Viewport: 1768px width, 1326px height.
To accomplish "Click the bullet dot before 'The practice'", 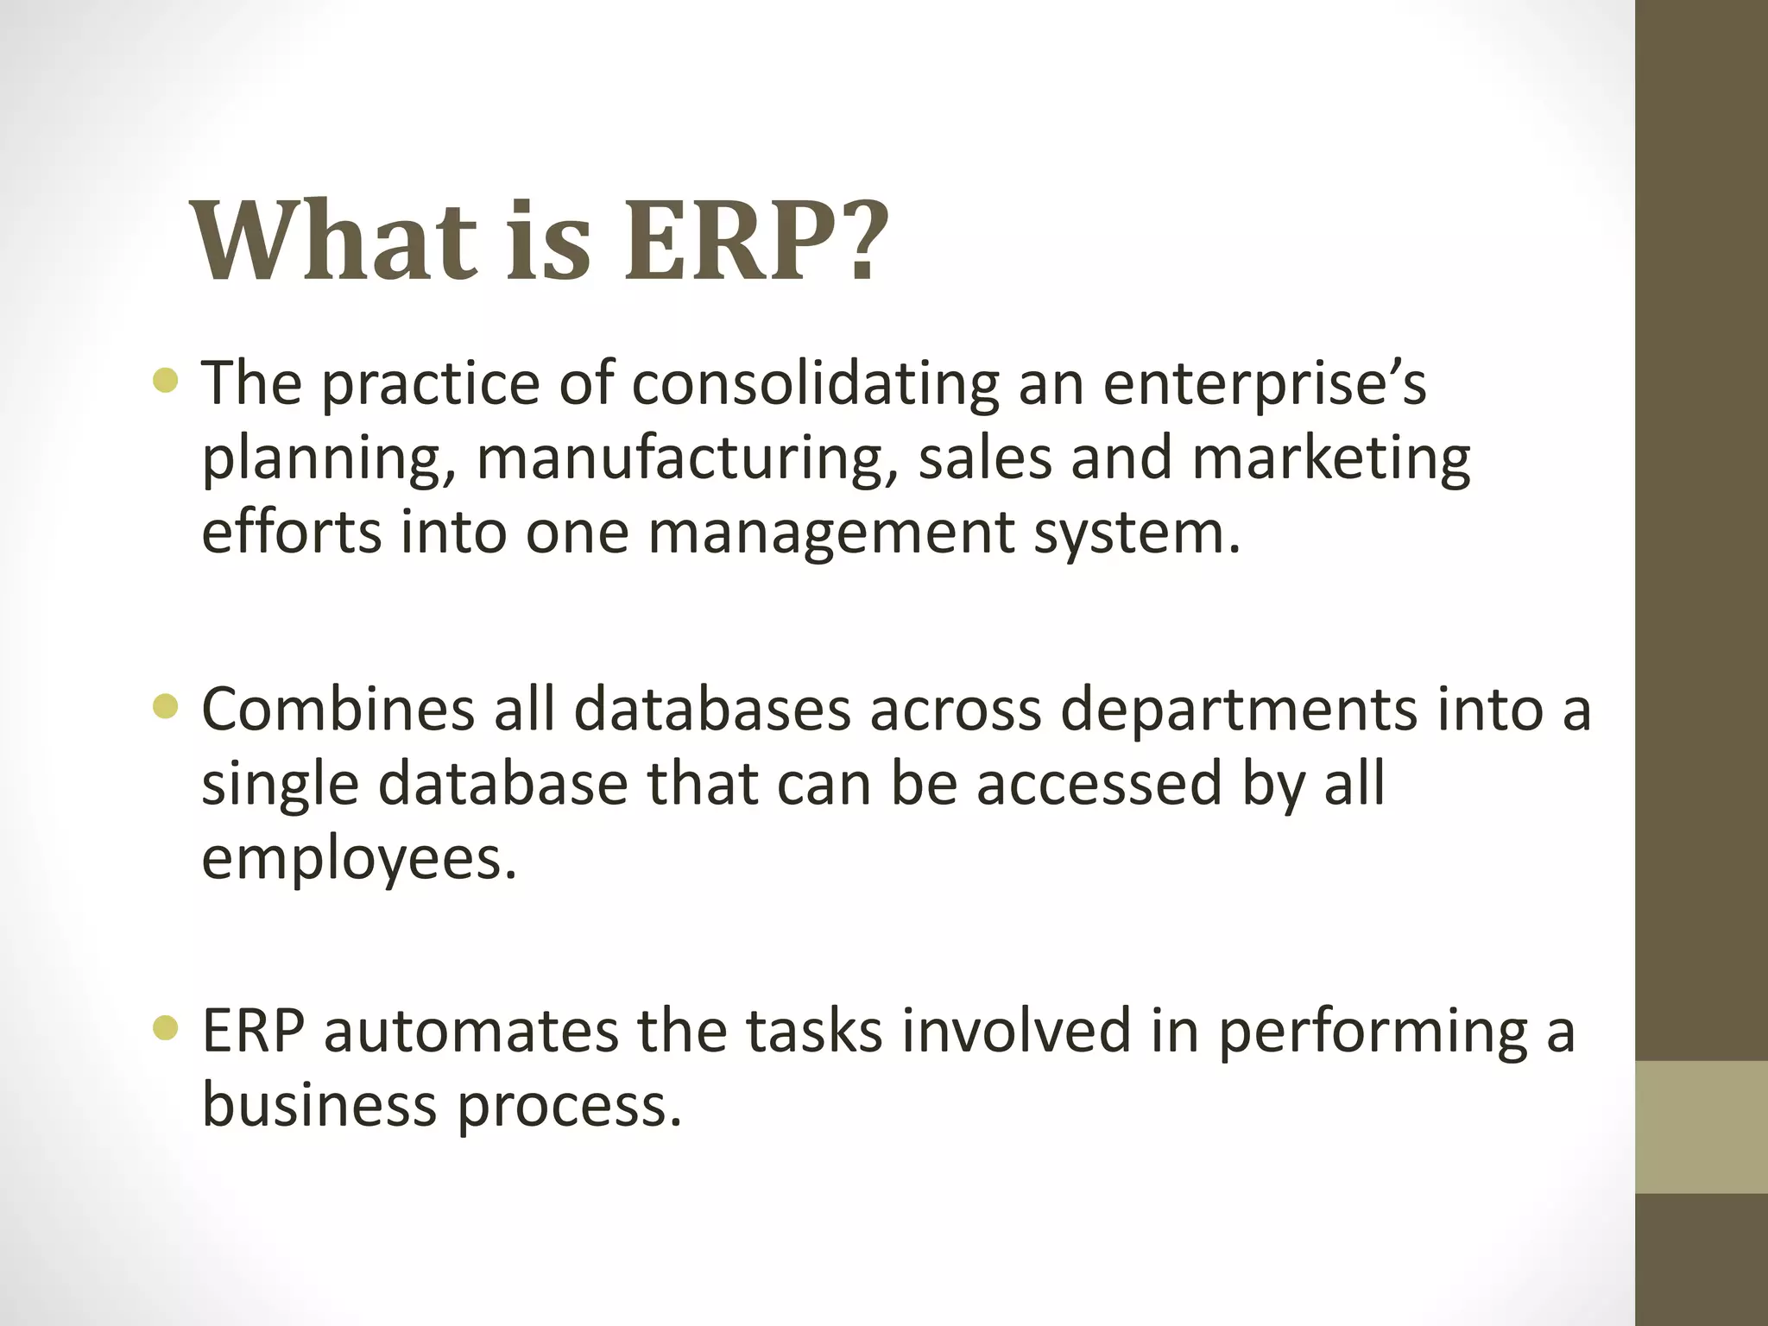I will click(x=165, y=380).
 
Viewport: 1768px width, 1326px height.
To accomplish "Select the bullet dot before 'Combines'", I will click(x=165, y=707).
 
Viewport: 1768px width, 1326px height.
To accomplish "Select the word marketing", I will click(x=1331, y=457).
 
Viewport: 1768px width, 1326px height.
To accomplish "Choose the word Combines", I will click(x=338, y=709).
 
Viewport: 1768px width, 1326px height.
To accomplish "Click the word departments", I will click(x=1238, y=710).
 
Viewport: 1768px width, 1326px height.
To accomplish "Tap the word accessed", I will click(x=1099, y=783).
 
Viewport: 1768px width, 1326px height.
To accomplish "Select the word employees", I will click(x=359, y=859).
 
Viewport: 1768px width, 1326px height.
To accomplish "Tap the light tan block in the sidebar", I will click(x=1702, y=1127).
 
